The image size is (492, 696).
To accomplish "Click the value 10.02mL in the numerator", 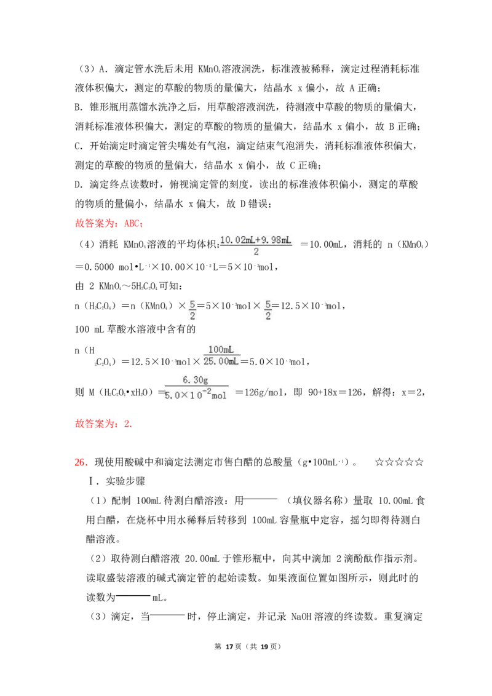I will click(x=236, y=240).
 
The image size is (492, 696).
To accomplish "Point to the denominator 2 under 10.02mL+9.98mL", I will click(x=256, y=252).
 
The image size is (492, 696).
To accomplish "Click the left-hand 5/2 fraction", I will click(x=193, y=310).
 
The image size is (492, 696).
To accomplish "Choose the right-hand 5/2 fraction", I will click(x=268, y=310).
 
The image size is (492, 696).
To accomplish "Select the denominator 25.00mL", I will click(x=221, y=361).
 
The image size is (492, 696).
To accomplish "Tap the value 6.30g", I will click(x=196, y=380).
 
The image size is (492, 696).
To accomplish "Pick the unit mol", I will click(x=220, y=395).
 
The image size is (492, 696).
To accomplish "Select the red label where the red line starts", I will click(x=108, y=224).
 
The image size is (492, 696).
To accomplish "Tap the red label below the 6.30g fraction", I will click(x=103, y=424).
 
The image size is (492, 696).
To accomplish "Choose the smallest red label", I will click(x=81, y=462).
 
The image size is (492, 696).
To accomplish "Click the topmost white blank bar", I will click(x=261, y=499).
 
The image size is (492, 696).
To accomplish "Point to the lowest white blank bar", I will click(x=168, y=614).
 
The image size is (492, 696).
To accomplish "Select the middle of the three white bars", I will click(x=133, y=595).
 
